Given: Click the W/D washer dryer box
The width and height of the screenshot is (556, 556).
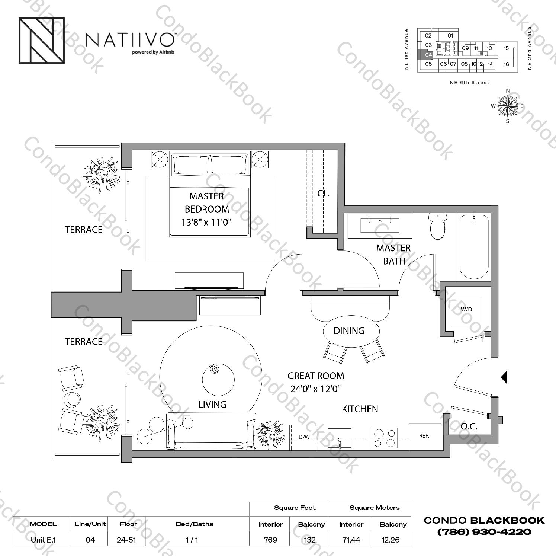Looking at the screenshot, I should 466,310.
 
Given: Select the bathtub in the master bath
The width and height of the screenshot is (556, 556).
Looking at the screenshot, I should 473,245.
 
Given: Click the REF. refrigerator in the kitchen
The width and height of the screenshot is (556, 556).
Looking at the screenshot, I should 424,436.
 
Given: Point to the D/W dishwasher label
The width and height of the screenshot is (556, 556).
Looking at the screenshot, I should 304,437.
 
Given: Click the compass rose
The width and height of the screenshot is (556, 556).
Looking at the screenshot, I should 508,106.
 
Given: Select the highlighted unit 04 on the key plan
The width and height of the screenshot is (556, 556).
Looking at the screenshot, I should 428,55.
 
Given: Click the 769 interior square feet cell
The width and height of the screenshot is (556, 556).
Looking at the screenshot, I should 270,540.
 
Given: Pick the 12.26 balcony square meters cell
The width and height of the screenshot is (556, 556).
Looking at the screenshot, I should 390,540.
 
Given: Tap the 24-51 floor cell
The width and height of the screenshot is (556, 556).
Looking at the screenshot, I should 126,540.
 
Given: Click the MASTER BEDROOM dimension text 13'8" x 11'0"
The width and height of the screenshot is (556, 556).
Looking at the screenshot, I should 206,223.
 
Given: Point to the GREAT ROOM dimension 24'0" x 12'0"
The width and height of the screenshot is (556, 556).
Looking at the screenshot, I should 315,389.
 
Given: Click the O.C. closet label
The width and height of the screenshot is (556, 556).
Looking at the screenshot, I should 469,426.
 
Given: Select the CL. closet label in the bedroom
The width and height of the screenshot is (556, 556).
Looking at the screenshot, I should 323,194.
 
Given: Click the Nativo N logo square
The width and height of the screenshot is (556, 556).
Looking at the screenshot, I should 42,40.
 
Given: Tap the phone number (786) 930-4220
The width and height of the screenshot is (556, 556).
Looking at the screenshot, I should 484,532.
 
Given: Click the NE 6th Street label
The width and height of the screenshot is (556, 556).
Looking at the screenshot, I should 469,83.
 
